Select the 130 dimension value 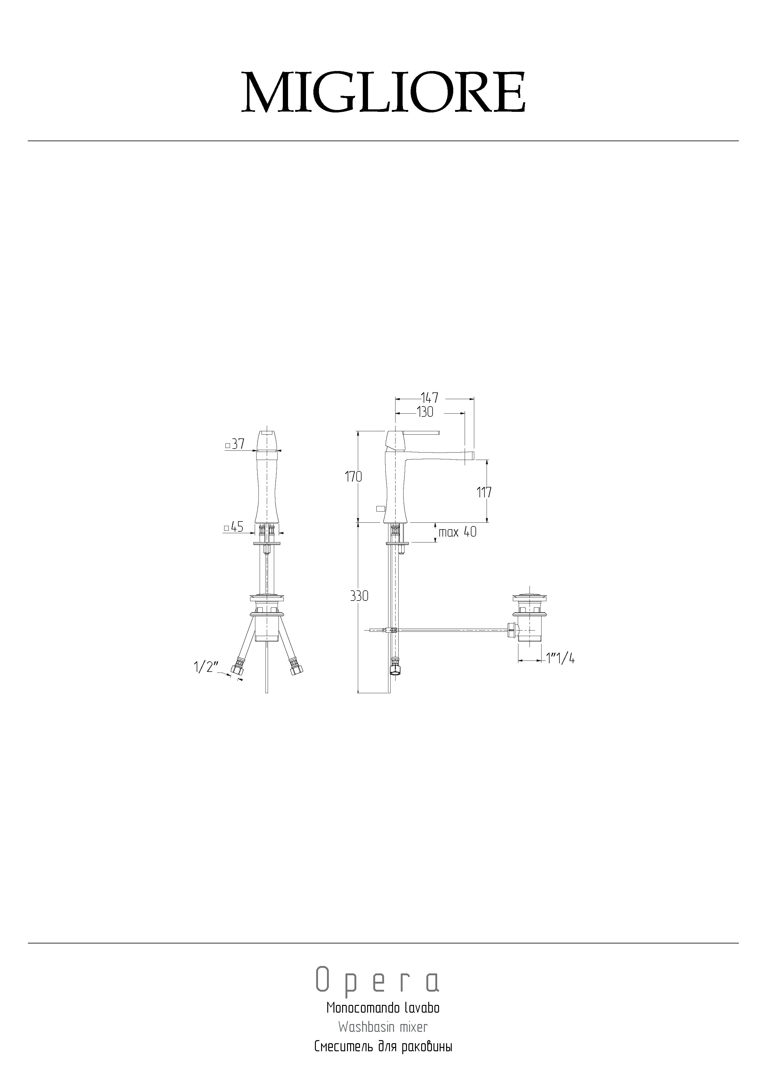coord(425,412)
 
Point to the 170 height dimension coord(353,477)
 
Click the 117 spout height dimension coord(484,492)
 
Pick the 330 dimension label coord(359,596)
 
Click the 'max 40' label coord(457,532)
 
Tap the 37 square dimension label coord(235,444)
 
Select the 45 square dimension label coord(234,527)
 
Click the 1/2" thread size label coord(206,667)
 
